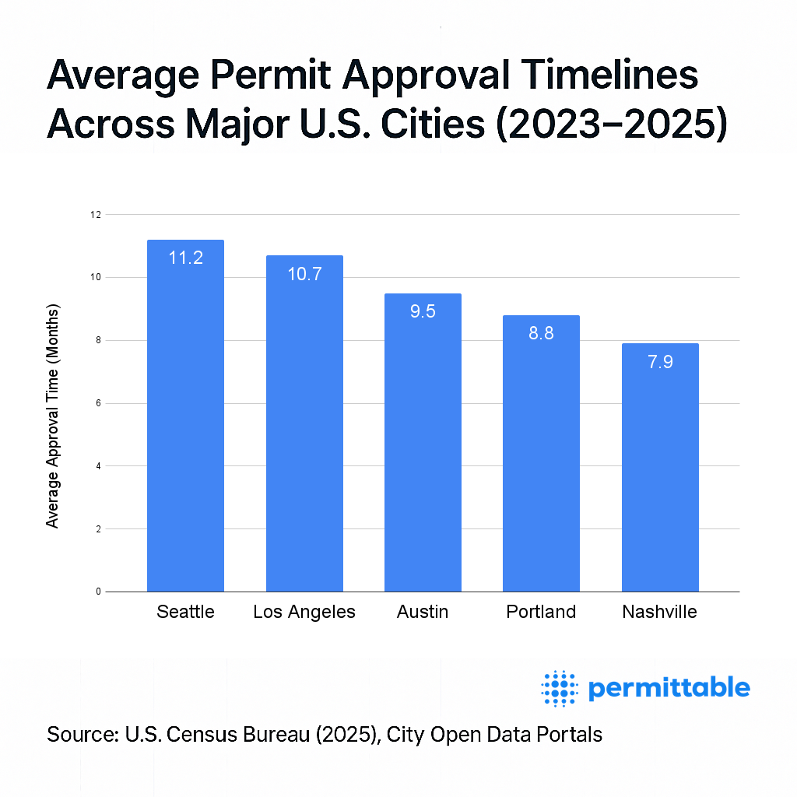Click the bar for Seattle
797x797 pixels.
pos(185,420)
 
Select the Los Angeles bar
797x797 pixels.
pos(304,428)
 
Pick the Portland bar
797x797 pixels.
pos(541,459)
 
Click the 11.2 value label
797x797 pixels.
pos(185,258)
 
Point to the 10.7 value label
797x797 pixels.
pos(304,274)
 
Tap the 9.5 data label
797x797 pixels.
pos(423,311)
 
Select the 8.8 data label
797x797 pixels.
pos(541,334)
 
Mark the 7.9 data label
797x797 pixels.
pos(660,362)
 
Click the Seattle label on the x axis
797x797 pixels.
pos(185,612)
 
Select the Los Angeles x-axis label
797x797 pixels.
pos(304,612)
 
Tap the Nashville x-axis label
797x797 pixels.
pos(660,612)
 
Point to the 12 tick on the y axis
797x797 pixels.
pos(96,214)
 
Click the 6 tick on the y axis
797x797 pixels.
pos(98,403)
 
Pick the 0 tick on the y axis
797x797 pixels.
pos(98,592)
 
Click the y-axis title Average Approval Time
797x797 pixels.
pos(53,416)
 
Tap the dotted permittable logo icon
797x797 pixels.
pos(559,688)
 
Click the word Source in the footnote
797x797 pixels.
pos(80,734)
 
